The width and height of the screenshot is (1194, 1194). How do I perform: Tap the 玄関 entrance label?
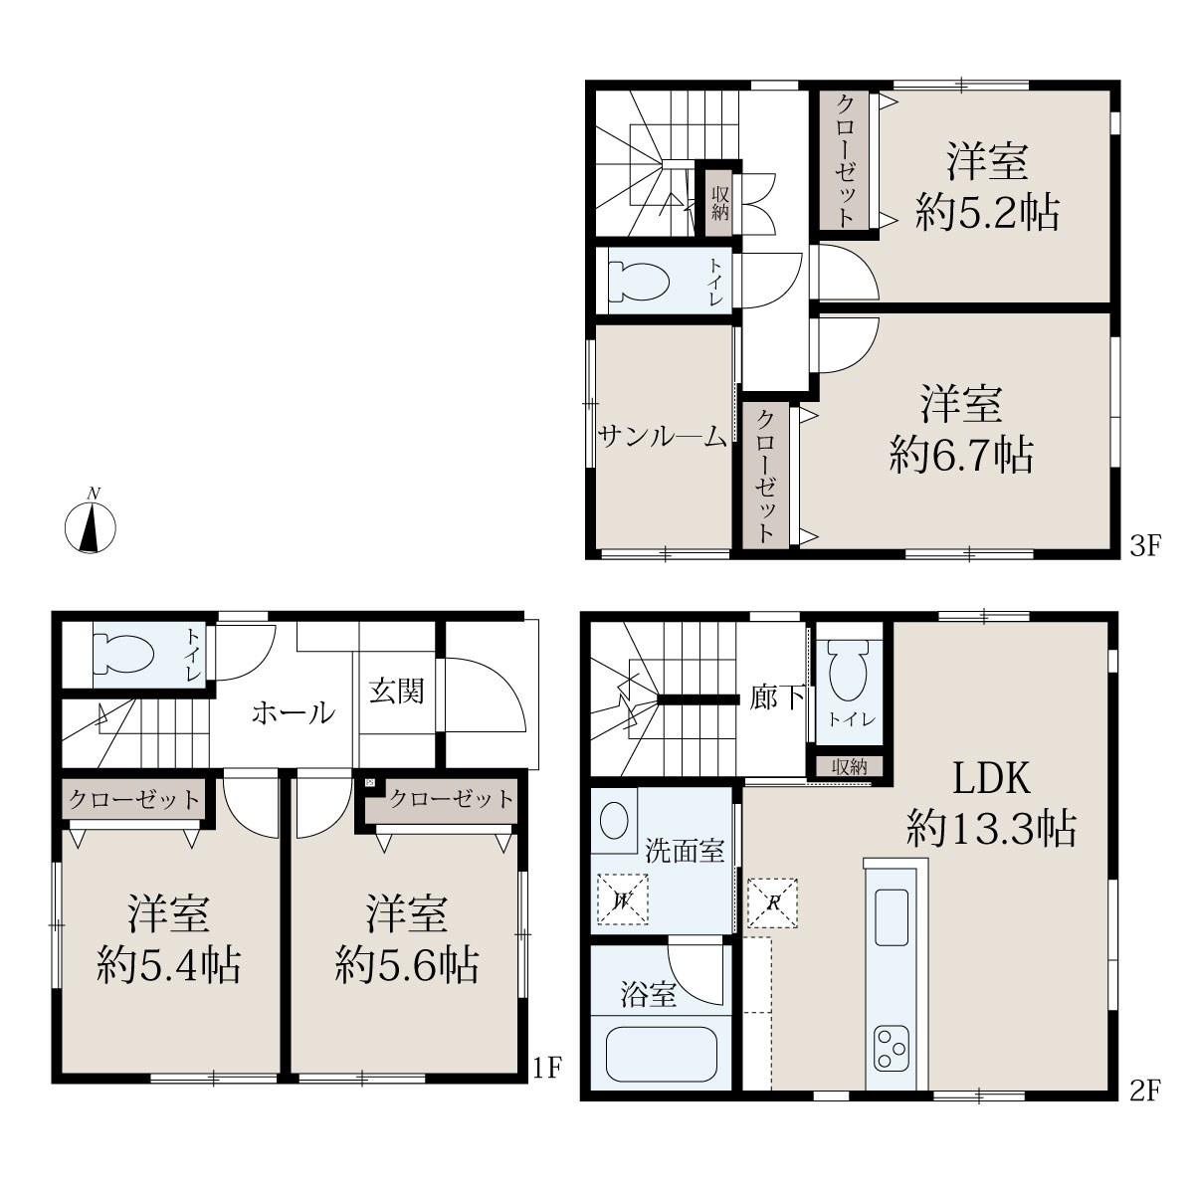[397, 691]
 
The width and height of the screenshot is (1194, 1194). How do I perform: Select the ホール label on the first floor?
[294, 712]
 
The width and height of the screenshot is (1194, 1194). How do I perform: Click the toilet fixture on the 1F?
[123, 654]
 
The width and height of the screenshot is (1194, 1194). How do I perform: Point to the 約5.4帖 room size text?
[168, 966]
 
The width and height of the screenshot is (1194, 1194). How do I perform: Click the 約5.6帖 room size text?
[407, 966]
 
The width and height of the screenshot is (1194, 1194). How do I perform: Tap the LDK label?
[991, 778]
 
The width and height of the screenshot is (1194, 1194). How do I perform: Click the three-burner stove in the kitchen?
[892, 1049]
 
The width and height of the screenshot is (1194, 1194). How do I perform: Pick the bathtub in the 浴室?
[661, 1054]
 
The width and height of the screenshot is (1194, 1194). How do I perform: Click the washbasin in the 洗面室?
[614, 822]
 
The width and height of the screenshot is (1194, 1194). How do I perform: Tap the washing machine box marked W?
[622, 899]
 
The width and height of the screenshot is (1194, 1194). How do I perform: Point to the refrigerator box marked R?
[773, 902]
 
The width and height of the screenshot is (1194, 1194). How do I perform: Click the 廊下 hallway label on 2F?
[777, 698]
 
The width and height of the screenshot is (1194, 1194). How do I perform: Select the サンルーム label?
[663, 437]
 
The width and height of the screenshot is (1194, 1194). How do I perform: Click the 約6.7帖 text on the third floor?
[961, 456]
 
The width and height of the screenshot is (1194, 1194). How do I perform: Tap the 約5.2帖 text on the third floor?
[988, 212]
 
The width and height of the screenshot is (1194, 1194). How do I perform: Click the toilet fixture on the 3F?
[639, 282]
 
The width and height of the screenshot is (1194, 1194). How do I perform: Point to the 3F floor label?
[1145, 546]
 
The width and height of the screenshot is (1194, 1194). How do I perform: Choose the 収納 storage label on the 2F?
[850, 767]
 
